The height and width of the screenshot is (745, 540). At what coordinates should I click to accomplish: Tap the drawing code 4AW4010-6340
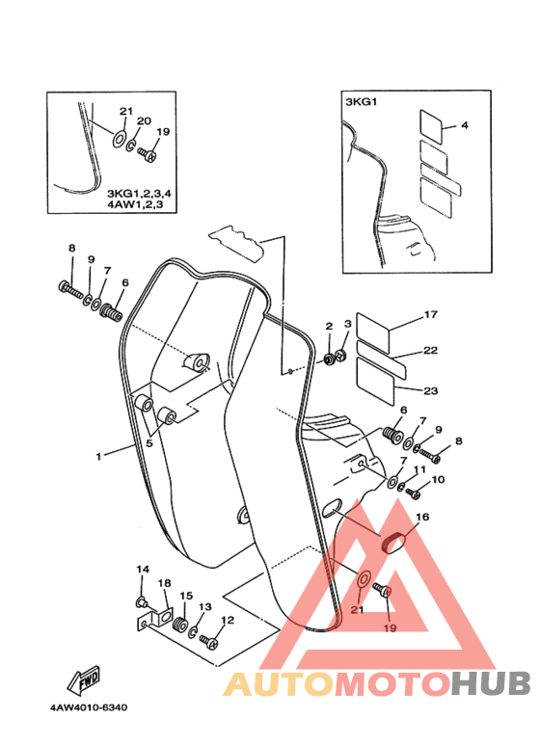pyautogui.click(x=89, y=707)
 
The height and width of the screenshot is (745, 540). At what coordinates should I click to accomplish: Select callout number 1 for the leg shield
pyautogui.click(x=98, y=457)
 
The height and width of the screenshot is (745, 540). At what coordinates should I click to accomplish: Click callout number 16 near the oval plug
pyautogui.click(x=422, y=517)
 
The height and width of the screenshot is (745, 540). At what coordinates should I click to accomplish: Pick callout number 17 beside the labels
pyautogui.click(x=431, y=314)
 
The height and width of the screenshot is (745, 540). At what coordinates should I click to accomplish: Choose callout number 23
pyautogui.click(x=431, y=390)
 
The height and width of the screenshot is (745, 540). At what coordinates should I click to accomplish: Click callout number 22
pyautogui.click(x=431, y=350)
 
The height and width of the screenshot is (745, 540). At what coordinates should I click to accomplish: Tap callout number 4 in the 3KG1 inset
pyautogui.click(x=465, y=125)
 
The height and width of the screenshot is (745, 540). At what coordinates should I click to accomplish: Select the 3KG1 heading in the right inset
pyautogui.click(x=361, y=101)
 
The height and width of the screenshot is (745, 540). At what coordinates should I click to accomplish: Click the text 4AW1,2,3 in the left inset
pyautogui.click(x=135, y=204)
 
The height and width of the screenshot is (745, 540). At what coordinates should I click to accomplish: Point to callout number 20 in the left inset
pyautogui.click(x=144, y=120)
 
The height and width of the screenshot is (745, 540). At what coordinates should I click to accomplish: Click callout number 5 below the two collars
pyautogui.click(x=149, y=443)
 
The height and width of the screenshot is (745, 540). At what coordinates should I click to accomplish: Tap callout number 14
pyautogui.click(x=143, y=570)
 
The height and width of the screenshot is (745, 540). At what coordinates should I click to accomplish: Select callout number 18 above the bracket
pyautogui.click(x=165, y=583)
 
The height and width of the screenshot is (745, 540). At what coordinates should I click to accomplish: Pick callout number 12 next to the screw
pyautogui.click(x=228, y=620)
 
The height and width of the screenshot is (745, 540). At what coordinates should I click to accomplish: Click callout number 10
pyautogui.click(x=439, y=479)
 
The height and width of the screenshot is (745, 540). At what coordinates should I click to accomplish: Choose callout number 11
pyautogui.click(x=419, y=469)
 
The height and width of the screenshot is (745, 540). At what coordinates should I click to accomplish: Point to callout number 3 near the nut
pyautogui.click(x=348, y=324)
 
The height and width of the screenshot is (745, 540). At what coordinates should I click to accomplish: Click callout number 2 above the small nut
pyautogui.click(x=329, y=326)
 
